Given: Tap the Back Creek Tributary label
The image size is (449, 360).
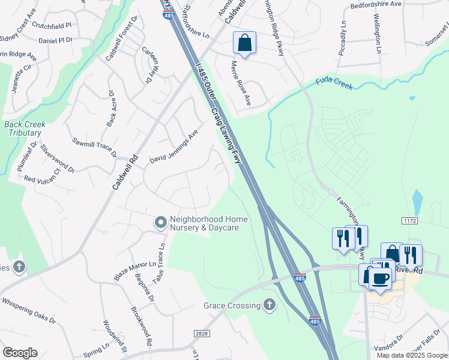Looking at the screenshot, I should tap(24, 128).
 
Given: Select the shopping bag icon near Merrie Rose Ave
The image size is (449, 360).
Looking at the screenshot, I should tap(244, 43).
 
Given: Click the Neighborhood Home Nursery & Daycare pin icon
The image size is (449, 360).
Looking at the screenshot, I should tap(160, 223).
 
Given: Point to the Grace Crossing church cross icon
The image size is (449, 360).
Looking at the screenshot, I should tap(270, 305).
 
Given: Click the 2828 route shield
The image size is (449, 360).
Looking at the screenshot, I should tap(203, 333).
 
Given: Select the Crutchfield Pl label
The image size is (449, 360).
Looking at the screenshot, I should tap(52, 26).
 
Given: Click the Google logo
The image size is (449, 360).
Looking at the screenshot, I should tap(20, 353).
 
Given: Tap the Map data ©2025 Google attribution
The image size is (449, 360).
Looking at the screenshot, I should tap(412, 355).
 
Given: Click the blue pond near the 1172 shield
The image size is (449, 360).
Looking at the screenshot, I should tap(417, 200).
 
